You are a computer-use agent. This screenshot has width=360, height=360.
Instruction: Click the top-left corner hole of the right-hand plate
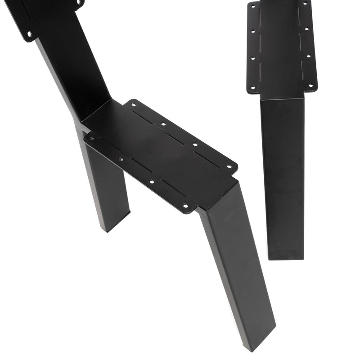pyautogui.click(x=252, y=6)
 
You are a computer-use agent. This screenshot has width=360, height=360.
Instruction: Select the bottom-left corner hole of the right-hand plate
pyautogui.click(x=252, y=87)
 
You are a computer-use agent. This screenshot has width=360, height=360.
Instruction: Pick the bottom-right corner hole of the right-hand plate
pyautogui.click(x=310, y=85)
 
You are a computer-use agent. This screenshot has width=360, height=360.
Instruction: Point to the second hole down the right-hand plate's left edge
pyautogui.click(x=252, y=32)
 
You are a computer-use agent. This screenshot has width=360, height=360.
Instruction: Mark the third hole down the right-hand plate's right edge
pyautogui.click(x=308, y=56)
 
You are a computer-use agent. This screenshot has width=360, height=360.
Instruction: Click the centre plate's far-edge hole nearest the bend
pyautogui.click(x=134, y=106)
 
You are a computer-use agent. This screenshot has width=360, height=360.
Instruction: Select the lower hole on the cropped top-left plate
pyautogui.click(x=29, y=34)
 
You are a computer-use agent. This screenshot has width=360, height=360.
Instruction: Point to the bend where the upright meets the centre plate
pyautogui.click(x=97, y=110)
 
